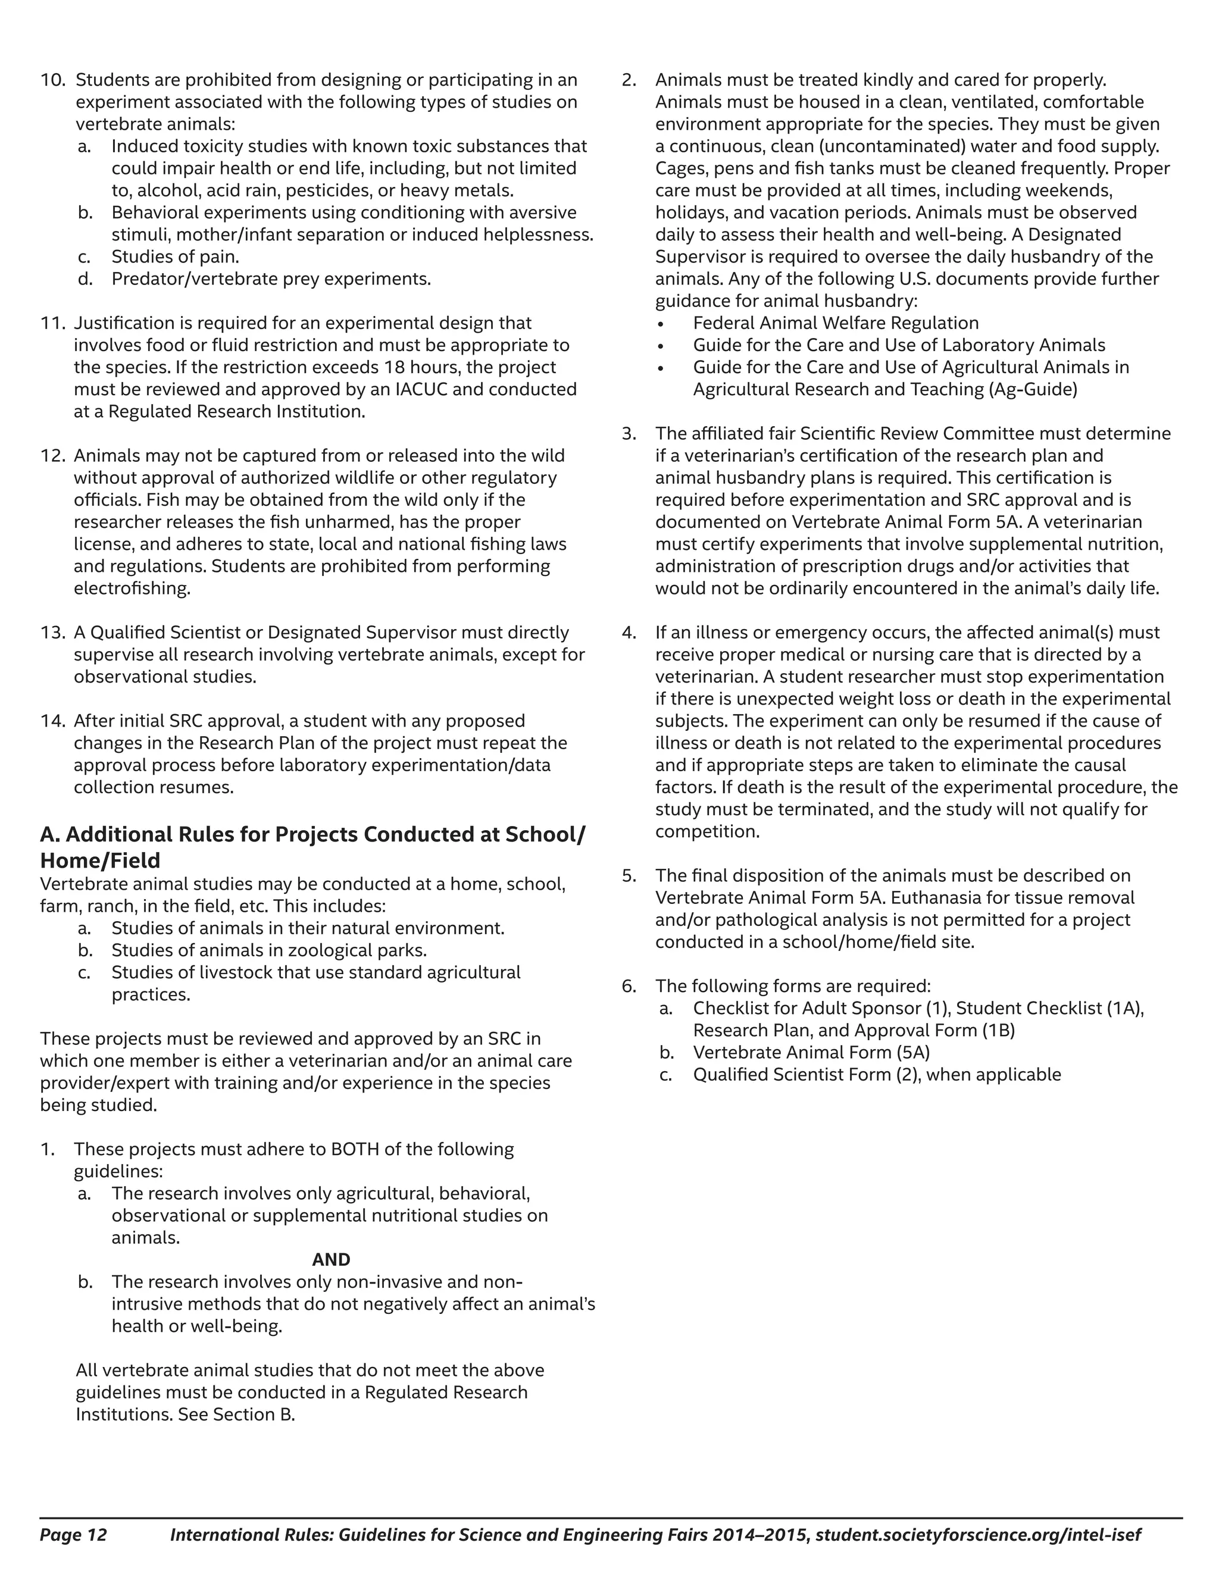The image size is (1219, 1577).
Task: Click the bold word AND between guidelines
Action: [331, 1260]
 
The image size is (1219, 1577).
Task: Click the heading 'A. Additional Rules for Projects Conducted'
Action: [312, 835]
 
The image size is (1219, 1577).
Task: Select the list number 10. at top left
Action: [54, 80]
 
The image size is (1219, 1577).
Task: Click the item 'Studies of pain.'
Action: [175, 257]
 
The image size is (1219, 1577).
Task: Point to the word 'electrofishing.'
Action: [132, 589]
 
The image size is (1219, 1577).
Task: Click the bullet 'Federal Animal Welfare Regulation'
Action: [836, 324]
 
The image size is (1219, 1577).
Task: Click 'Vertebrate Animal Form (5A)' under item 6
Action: [811, 1053]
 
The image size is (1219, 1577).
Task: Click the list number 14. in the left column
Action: [53, 721]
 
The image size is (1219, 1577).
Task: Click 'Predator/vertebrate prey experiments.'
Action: [271, 280]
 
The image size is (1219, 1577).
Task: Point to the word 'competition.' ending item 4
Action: [707, 832]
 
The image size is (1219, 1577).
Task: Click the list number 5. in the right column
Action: [629, 876]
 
